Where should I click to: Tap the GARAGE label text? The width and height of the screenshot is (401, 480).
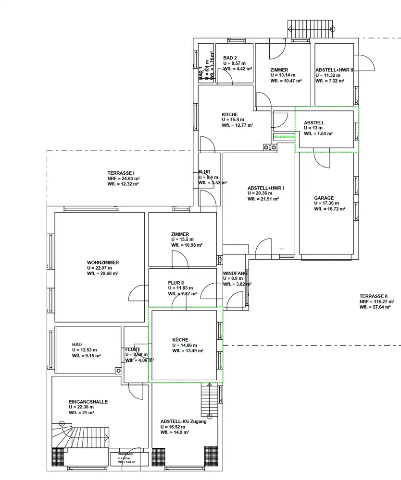324,198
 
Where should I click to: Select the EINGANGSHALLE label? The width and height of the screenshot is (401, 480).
88,402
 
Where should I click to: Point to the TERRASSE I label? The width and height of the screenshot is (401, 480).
121,173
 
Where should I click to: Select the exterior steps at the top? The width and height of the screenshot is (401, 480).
310,28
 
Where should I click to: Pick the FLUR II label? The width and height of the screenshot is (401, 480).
176,283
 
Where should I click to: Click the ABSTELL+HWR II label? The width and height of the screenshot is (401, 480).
334,70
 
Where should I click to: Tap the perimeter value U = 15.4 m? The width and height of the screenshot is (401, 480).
233,120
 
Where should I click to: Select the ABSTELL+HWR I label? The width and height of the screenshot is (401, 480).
266,188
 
